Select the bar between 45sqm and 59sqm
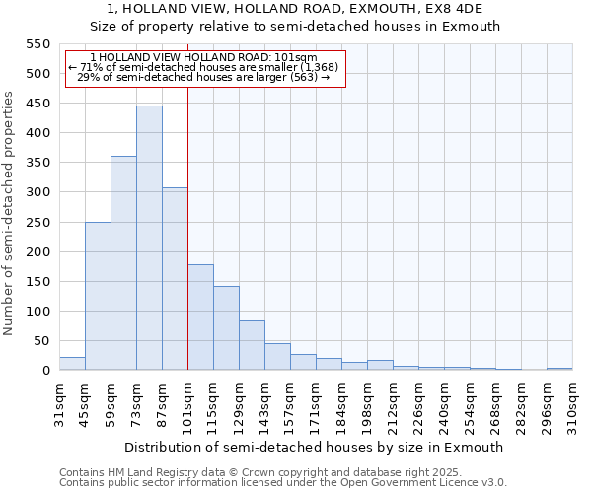tap(98, 296)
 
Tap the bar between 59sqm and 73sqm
tap(123, 263)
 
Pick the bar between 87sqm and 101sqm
tap(175, 279)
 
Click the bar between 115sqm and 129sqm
tap(226, 328)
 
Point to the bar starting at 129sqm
tap(252, 345)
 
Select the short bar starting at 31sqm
tap(72, 364)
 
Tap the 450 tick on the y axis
tap(37, 104)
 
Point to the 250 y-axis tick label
tap(37, 222)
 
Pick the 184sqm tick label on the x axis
tap(341, 405)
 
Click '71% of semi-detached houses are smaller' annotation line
tap(204, 67)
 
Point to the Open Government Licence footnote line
tap(283, 483)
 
